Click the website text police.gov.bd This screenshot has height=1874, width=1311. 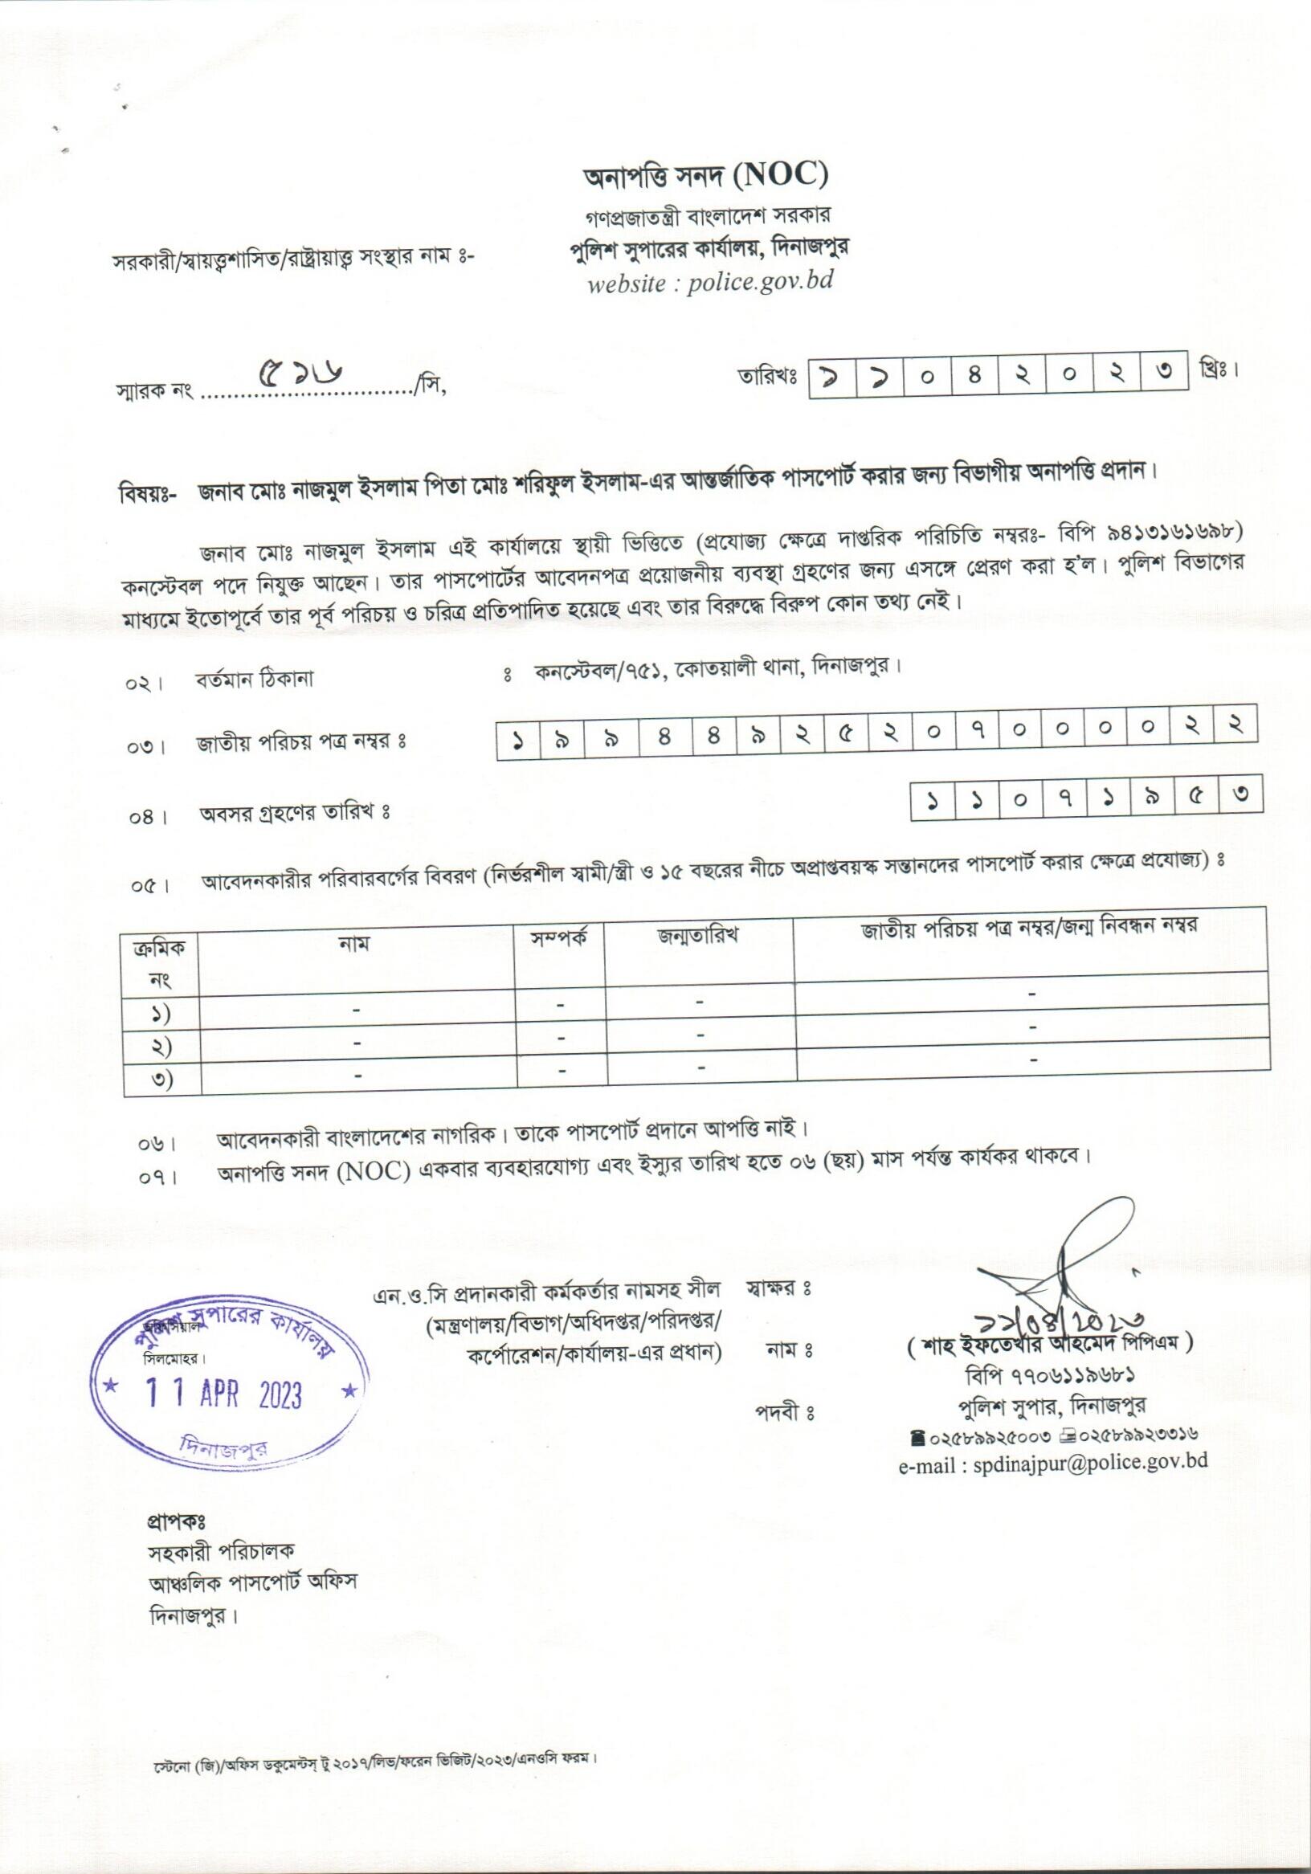pyautogui.click(x=760, y=282)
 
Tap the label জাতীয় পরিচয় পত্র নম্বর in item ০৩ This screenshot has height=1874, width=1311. pyautogui.click(x=300, y=742)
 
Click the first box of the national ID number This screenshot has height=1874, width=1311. pyautogui.click(x=517, y=740)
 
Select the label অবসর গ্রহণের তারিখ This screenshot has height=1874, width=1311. pyautogui.click(x=295, y=813)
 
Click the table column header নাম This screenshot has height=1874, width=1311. pyautogui.click(x=354, y=944)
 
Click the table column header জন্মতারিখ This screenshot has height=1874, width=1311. pyautogui.click(x=699, y=935)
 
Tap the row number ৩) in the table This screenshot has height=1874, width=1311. pyautogui.click(x=161, y=1079)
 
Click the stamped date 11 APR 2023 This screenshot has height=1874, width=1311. pyautogui.click(x=223, y=1394)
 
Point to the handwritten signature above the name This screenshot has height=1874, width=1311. pyautogui.click(x=1069, y=1269)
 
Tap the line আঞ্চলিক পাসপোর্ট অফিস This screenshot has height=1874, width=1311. pyautogui.click(x=252, y=1582)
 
